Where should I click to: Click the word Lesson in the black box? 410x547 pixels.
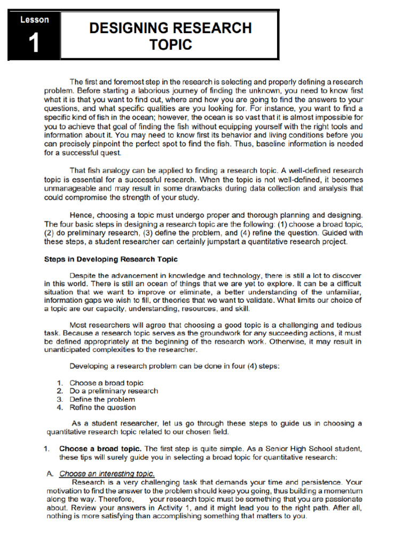pyautogui.click(x=34, y=20)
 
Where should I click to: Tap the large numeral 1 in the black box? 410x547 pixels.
pyautogui.click(x=34, y=44)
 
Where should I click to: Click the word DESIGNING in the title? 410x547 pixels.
pyautogui.click(x=128, y=28)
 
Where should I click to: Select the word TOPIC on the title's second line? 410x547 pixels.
pyautogui.click(x=170, y=45)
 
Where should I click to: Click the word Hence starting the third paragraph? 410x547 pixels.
pyautogui.click(x=80, y=215)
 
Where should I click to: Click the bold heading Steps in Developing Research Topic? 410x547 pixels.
pyautogui.click(x=111, y=259)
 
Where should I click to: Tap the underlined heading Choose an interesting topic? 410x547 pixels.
pyautogui.click(x=107, y=473)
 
